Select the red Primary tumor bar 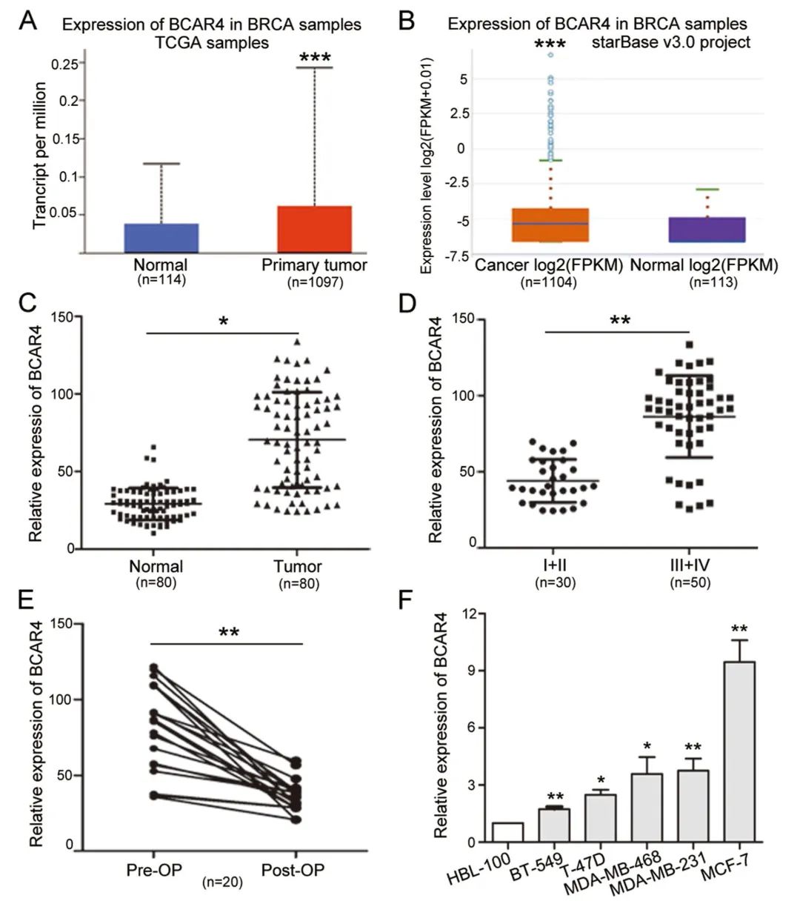(x=314, y=230)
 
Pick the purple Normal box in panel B (x=707, y=230)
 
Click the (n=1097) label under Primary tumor (x=315, y=282)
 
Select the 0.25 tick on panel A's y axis (x=65, y=64)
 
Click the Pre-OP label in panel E (x=154, y=869)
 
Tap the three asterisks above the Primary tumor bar (x=315, y=57)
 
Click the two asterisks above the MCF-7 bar (x=739, y=631)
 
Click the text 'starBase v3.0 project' (x=671, y=42)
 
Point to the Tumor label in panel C (x=298, y=567)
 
